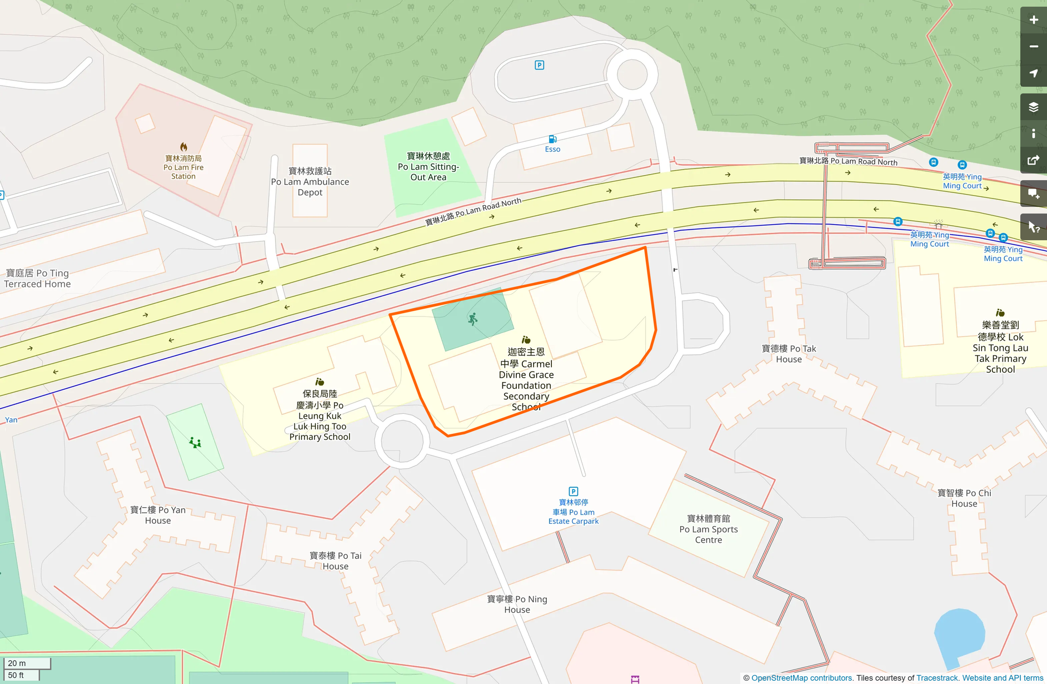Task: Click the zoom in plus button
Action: coord(1033,20)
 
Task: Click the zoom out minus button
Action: coord(1033,47)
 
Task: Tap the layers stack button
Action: coord(1033,107)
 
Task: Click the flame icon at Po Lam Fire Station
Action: coord(183,147)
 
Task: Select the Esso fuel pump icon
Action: coord(552,139)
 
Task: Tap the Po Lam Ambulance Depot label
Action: coord(310,182)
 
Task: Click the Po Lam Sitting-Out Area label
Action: coord(428,167)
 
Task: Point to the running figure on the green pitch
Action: coord(472,319)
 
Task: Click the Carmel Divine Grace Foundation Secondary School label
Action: coord(526,379)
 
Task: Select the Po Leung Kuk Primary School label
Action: coord(320,415)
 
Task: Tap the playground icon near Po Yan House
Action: coord(195,443)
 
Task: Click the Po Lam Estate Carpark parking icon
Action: coord(573,492)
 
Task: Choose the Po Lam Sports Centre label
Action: coord(708,529)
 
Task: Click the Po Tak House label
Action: coord(789,354)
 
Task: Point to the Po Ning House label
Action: coord(517,604)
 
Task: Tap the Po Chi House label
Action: coord(964,498)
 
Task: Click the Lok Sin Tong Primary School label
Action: coord(1000,348)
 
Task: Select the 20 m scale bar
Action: coord(27,663)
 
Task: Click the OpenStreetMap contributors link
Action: coord(801,678)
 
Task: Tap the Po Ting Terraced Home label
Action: coord(38,279)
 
